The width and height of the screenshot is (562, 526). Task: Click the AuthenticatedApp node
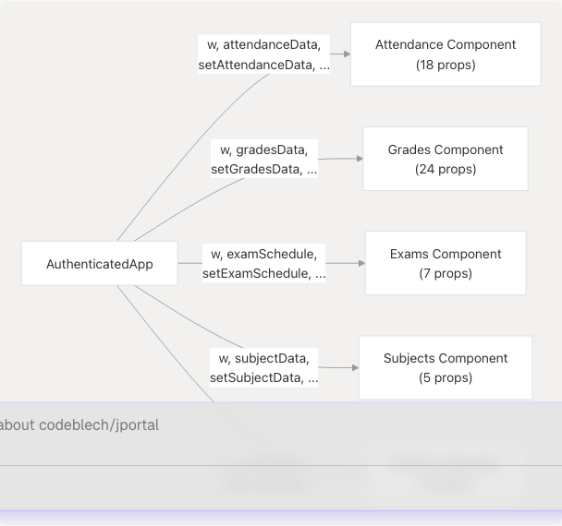click(x=100, y=264)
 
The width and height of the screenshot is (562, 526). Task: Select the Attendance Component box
click(x=445, y=54)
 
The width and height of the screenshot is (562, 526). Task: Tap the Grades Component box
click(x=445, y=159)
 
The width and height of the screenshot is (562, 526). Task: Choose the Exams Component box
click(x=445, y=263)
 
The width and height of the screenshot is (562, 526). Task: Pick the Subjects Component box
click(x=445, y=367)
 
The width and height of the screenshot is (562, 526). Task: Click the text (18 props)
click(x=446, y=66)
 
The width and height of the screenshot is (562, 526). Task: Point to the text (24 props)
click(x=446, y=170)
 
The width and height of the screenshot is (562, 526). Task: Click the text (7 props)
click(x=446, y=274)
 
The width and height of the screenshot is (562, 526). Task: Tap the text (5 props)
click(x=446, y=378)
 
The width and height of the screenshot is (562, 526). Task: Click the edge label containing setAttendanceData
click(x=263, y=66)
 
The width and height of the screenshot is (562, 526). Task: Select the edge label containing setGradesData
click(x=263, y=170)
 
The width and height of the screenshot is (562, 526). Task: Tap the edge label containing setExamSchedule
click(x=263, y=274)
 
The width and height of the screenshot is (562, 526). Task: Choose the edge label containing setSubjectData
click(x=263, y=378)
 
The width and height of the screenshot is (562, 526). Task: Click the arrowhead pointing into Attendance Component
click(x=346, y=54)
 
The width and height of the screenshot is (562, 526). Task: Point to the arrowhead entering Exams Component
click(x=360, y=263)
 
